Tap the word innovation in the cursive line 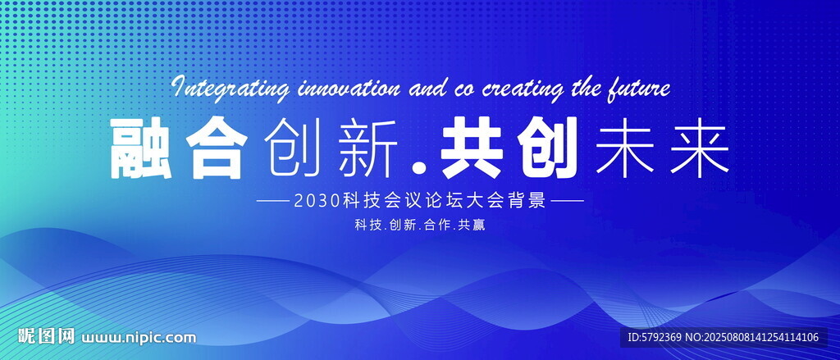[x=348, y=87]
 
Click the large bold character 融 [x=141, y=148]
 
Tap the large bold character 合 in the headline [x=217, y=148]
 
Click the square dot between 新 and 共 [x=422, y=168]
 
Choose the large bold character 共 [x=472, y=148]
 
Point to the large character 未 [x=624, y=148]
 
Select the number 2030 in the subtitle [x=317, y=202]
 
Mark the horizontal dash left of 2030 [x=273, y=202]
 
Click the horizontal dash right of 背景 [x=568, y=202]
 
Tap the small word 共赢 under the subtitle [x=472, y=226]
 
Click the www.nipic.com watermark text [x=139, y=338]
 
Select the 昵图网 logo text [x=46, y=336]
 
